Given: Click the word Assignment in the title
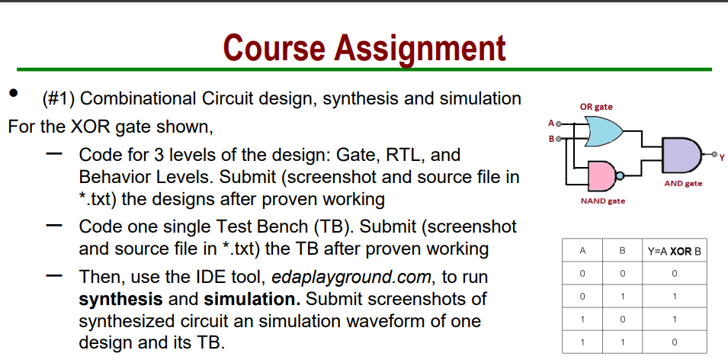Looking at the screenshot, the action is coord(419,49).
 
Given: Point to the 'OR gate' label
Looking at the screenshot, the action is coord(595,107).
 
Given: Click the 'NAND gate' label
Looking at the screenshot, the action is coord(603,201).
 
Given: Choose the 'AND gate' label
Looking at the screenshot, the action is coord(683,184).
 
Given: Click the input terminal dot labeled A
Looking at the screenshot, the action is coord(559,124).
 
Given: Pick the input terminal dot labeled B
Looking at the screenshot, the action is coord(559,138).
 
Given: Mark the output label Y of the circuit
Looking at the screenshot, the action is coord(722,158).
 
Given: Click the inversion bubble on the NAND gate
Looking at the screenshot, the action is coord(619,175).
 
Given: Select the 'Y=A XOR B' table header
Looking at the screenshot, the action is coord(675,251).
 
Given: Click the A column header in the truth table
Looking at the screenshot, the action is coord(582,251).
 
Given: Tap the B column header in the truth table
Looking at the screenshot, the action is coord(622,251).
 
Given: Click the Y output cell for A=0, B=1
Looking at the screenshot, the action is coord(675,297).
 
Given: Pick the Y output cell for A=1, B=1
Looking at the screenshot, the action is coord(675,342).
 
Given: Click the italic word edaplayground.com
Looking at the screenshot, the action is coord(351,278).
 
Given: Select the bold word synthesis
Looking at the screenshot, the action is coord(120,300).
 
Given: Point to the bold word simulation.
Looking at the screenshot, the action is coord(252,299).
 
